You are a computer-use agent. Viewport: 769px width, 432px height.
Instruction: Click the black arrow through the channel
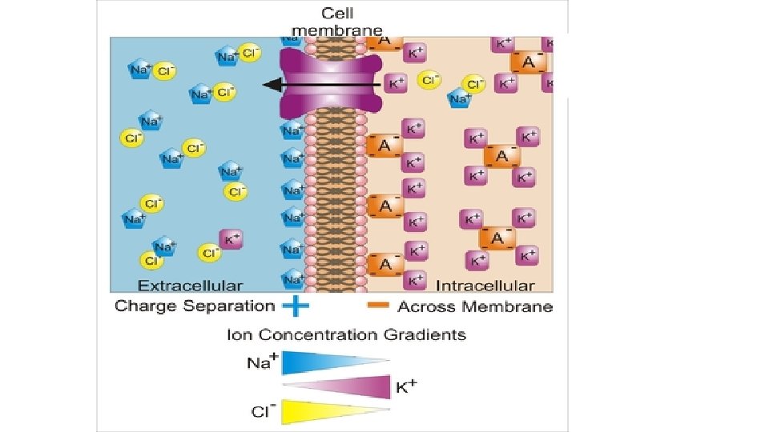click(320, 83)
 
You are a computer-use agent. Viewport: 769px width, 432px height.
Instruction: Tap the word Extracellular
click(190, 286)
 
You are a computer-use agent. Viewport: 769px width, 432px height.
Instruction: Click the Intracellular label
click(485, 286)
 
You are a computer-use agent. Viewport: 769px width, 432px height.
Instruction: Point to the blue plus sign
click(296, 305)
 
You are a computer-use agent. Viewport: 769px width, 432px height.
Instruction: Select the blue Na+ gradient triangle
click(320, 363)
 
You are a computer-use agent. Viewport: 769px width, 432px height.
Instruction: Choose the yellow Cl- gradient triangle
click(320, 410)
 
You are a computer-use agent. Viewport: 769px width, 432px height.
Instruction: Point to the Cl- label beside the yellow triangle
click(262, 411)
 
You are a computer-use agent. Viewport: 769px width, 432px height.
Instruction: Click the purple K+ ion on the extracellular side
click(232, 238)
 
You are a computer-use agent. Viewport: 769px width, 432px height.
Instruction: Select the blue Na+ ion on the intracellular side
click(459, 98)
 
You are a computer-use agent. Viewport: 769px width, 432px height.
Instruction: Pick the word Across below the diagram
click(425, 306)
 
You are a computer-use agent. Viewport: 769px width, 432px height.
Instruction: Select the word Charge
click(148, 306)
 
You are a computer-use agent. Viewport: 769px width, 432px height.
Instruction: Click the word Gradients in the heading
click(431, 334)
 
